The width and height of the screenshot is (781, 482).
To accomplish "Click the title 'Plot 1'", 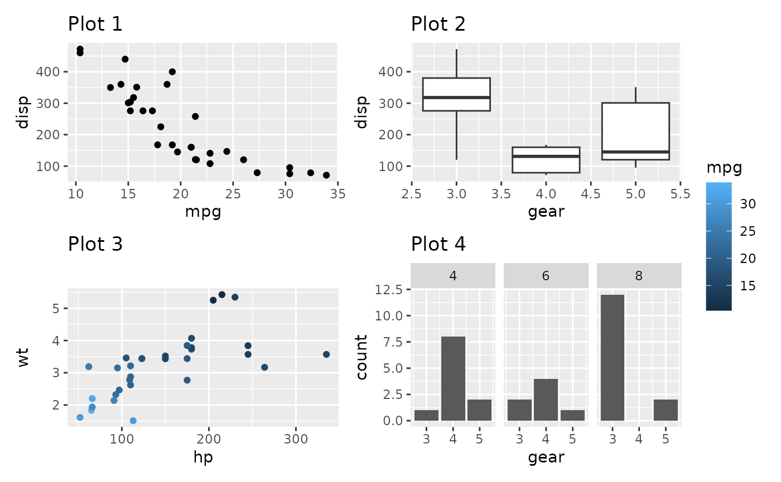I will (95, 25).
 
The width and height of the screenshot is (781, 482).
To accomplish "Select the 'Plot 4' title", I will (438, 244).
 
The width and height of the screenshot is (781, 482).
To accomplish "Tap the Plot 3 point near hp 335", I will (326, 354).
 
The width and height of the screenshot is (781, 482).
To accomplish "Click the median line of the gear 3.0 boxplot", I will (456, 97).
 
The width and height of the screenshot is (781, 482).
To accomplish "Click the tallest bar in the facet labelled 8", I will (612, 357).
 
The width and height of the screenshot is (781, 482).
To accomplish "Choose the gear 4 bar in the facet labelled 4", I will (452, 378).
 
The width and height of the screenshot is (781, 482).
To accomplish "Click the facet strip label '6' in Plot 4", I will (546, 276).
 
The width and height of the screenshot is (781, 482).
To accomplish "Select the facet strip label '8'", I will (639, 276).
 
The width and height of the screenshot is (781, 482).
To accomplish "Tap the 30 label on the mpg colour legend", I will (748, 205).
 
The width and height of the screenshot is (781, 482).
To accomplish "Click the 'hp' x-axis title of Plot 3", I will (203, 457).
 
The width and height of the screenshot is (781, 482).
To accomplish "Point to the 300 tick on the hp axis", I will (296, 438).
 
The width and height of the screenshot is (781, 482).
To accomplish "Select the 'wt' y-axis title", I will (23, 358).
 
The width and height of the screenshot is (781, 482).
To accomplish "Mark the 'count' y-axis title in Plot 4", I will (362, 357).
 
